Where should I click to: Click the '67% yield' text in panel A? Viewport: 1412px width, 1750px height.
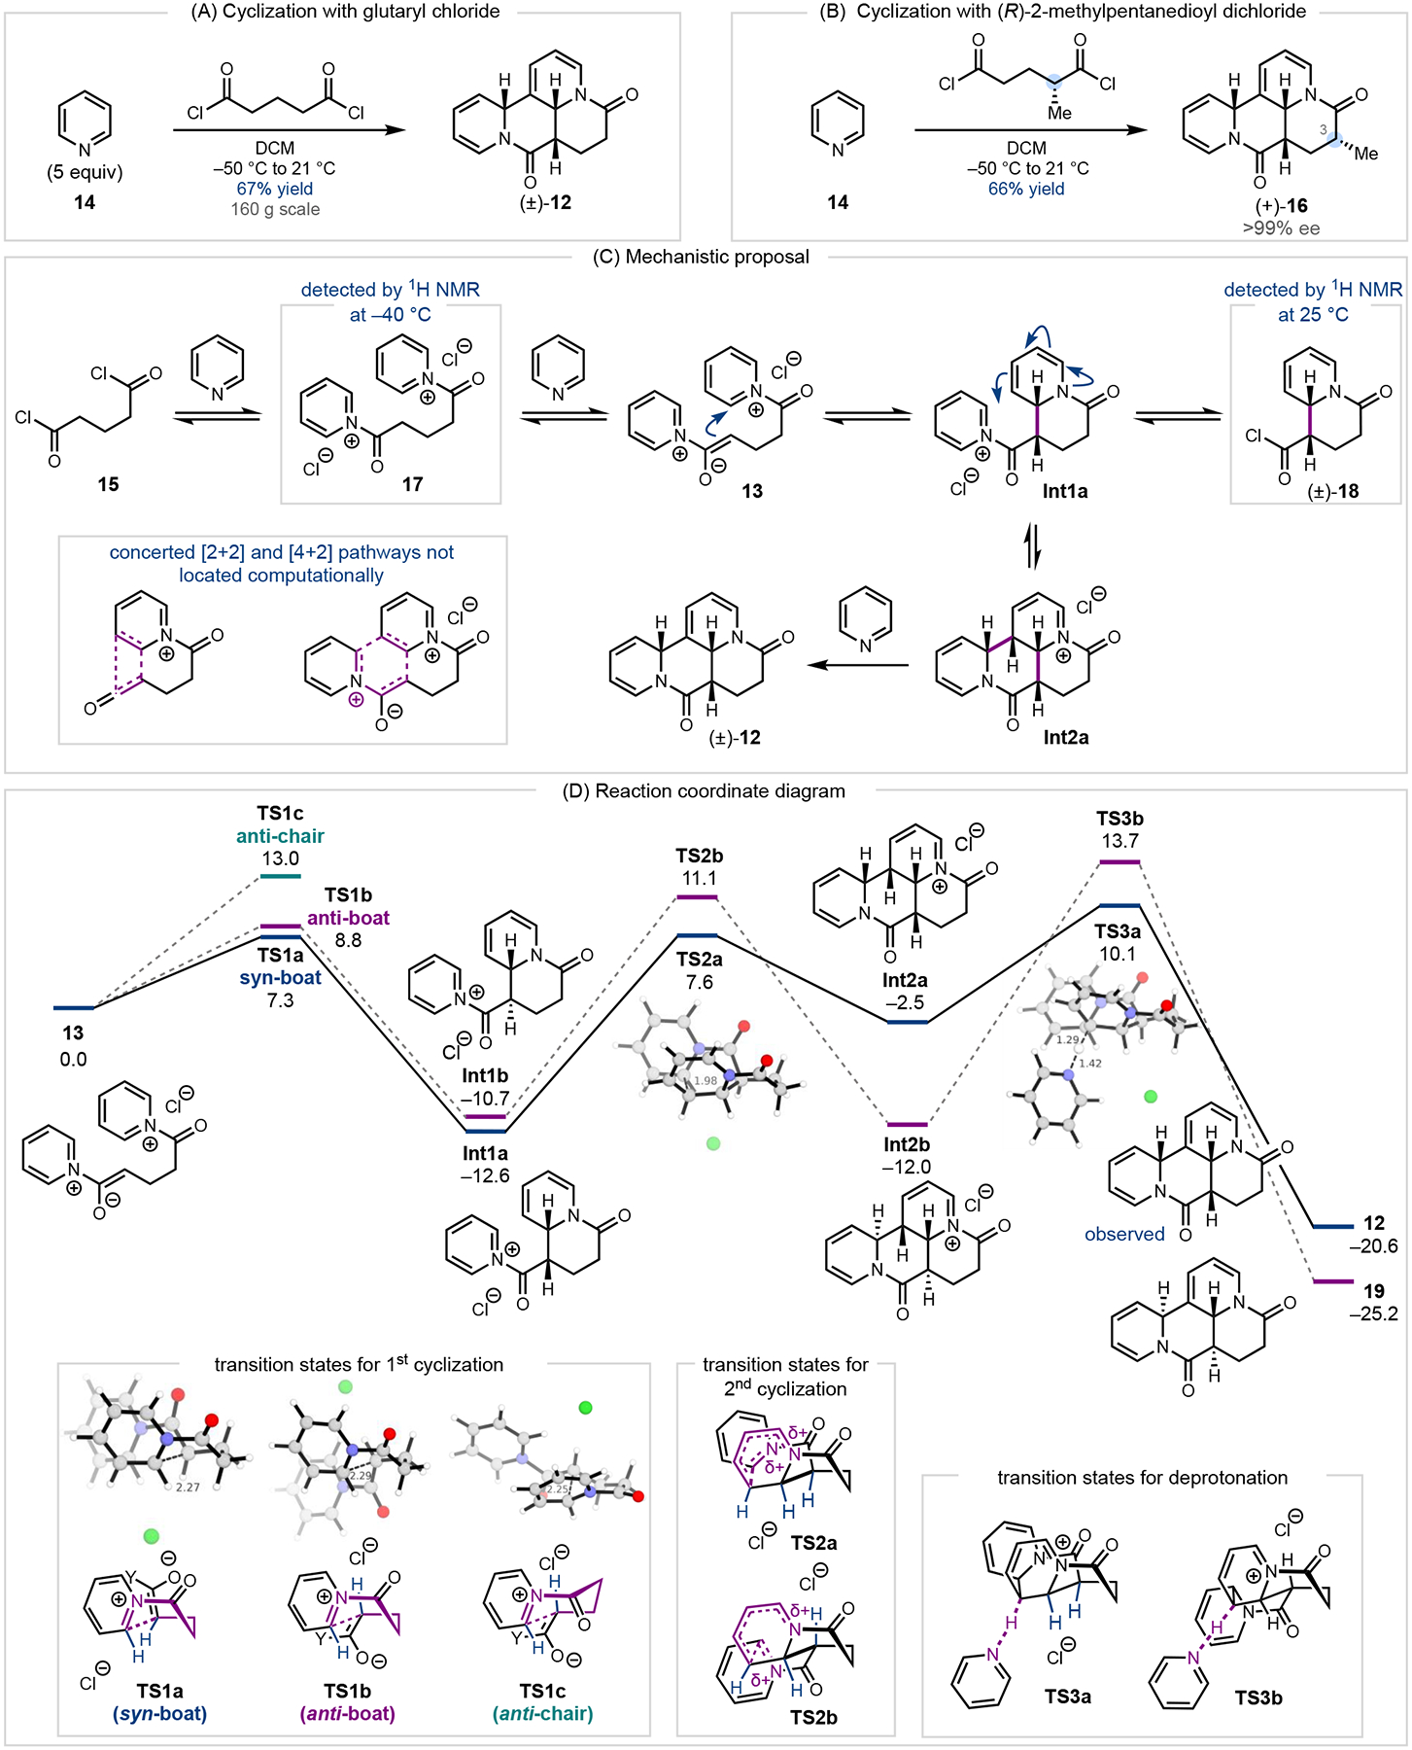(x=275, y=189)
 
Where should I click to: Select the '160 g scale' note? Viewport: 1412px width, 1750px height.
(x=275, y=209)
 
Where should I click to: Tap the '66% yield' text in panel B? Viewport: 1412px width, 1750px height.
(x=1026, y=189)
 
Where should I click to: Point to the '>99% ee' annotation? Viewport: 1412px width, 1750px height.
(x=1281, y=228)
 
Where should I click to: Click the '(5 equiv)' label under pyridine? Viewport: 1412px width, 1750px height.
(x=85, y=173)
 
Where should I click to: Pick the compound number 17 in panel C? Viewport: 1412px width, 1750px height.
(x=412, y=484)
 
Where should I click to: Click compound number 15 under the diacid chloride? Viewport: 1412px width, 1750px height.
(x=108, y=484)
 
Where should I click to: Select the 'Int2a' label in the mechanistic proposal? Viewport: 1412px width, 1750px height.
(x=1065, y=737)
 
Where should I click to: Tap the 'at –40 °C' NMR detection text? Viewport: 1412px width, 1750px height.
(x=390, y=315)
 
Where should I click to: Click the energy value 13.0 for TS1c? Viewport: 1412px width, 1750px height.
(x=280, y=858)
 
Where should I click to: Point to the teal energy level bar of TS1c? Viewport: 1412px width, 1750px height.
(x=280, y=876)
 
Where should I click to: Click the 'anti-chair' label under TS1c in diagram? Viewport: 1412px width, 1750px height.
(x=280, y=836)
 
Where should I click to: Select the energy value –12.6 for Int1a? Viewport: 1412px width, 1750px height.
(x=485, y=1175)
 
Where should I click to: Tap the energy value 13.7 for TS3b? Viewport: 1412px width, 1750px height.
(x=1119, y=841)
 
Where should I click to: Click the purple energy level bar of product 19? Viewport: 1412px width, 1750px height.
(x=1332, y=1281)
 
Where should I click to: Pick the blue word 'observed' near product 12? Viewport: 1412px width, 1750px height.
(x=1124, y=1234)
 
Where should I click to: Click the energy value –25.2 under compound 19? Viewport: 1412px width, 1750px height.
(x=1373, y=1313)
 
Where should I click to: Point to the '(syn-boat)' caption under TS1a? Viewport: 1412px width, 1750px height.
(x=159, y=1713)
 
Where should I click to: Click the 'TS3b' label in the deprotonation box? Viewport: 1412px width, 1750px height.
(x=1258, y=1697)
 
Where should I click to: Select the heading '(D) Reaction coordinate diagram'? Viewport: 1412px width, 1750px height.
(x=704, y=790)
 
